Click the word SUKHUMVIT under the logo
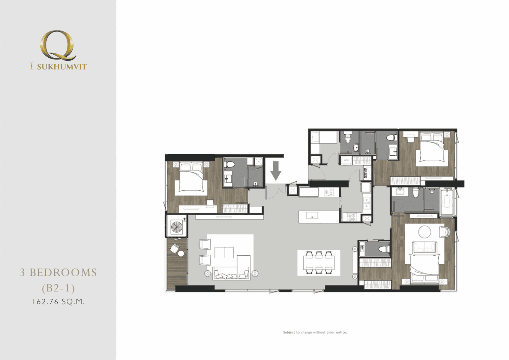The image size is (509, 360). pyautogui.click(x=62, y=67)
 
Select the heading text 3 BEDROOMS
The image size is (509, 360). pyautogui.click(x=58, y=273)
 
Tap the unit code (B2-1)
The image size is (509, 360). pyautogui.click(x=58, y=288)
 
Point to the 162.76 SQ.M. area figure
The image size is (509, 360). pyautogui.click(x=58, y=302)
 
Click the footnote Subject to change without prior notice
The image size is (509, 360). pyautogui.click(x=315, y=332)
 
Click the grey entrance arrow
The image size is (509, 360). pyautogui.click(x=276, y=170)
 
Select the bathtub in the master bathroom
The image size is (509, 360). pyautogui.click(x=447, y=201)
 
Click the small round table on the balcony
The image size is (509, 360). pyautogui.click(x=181, y=253)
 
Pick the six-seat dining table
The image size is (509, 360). pyautogui.click(x=319, y=263)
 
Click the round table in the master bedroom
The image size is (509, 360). pyautogui.click(x=424, y=231)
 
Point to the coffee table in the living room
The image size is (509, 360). pyautogui.click(x=224, y=252)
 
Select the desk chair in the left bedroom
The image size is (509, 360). pyautogui.click(x=210, y=202)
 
